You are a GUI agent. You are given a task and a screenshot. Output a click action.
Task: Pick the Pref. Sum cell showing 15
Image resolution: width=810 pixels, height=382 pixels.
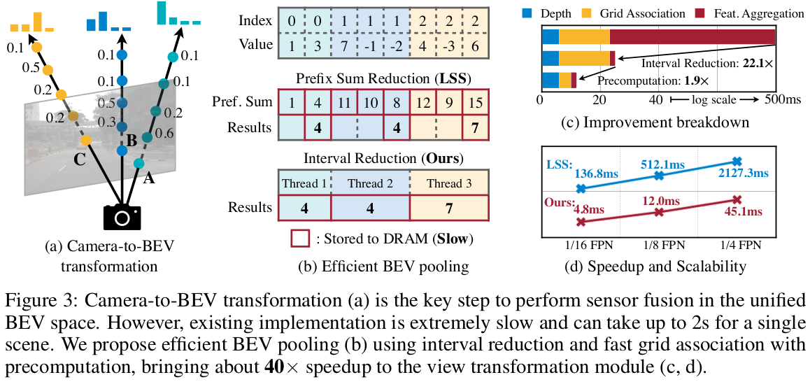(x=475, y=102)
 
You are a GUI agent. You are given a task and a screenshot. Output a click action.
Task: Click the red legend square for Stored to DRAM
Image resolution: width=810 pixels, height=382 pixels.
(x=299, y=239)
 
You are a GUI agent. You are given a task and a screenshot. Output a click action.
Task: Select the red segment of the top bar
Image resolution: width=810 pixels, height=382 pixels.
(x=692, y=36)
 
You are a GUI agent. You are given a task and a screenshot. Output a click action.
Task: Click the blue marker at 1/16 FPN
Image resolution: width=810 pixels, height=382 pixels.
(x=580, y=188)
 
